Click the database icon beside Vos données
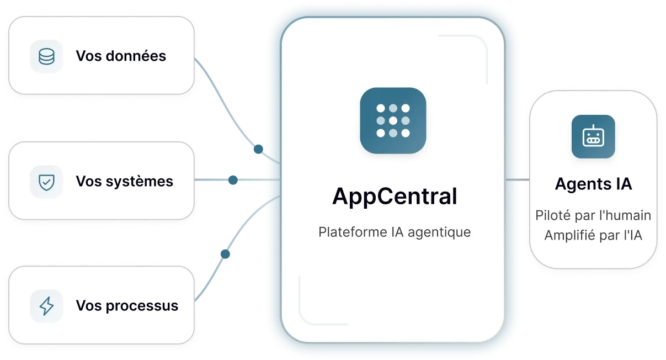tap(47, 56)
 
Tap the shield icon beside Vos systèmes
tap(47, 182)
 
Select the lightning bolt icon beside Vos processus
tap(47, 306)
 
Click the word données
tap(136, 56)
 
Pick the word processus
tap(142, 306)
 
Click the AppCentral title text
tap(395, 197)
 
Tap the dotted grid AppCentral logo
tap(393, 120)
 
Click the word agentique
tap(439, 232)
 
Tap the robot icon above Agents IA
tap(593, 136)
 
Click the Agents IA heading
tap(593, 183)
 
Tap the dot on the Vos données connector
tap(258, 149)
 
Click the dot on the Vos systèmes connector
tap(233, 179)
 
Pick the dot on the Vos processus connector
tap(225, 254)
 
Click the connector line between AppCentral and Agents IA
tap(518, 179)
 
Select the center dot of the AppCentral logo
tap(393, 120)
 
